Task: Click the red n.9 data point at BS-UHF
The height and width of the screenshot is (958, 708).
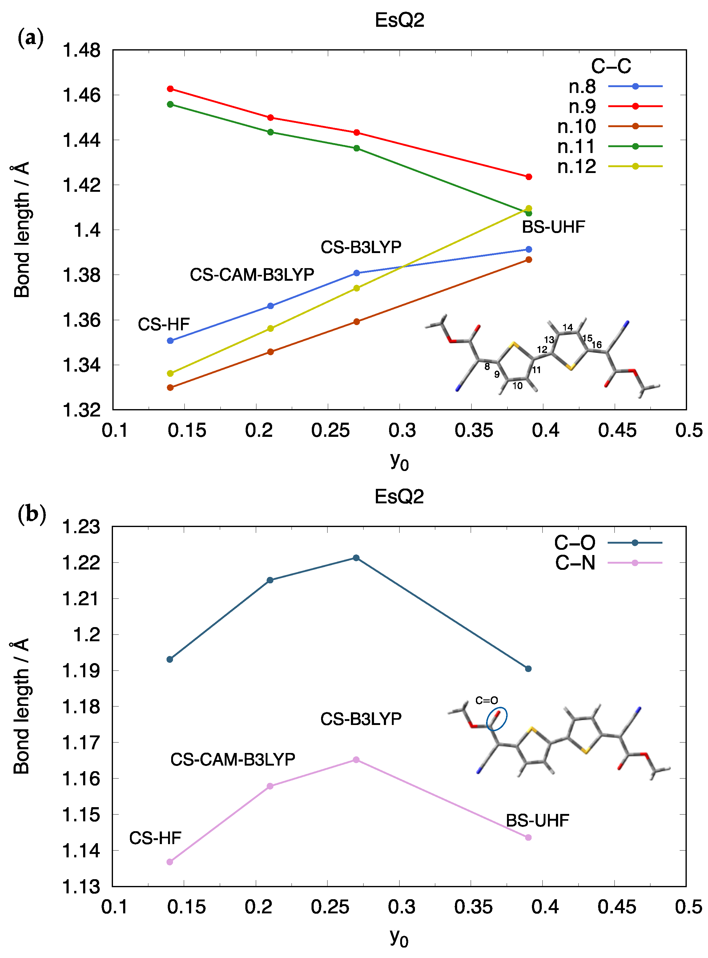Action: (x=529, y=177)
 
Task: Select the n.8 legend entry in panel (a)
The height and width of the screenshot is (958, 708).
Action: (x=615, y=87)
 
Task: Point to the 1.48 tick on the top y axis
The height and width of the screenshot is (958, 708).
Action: (x=82, y=50)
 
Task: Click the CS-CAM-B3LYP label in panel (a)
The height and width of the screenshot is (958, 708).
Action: (x=252, y=275)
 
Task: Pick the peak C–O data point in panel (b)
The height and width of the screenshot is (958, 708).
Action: (x=356, y=558)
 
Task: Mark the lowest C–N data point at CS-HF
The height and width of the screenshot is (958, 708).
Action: (x=170, y=862)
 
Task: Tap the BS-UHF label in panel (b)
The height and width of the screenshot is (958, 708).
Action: (x=537, y=820)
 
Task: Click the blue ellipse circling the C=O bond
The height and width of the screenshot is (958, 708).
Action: (x=497, y=719)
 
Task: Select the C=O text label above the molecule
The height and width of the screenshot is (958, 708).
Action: (x=486, y=700)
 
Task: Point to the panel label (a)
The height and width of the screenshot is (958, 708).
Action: (x=31, y=38)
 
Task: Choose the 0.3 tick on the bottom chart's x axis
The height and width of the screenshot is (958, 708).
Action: (x=402, y=907)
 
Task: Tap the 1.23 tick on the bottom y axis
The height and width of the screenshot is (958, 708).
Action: (x=82, y=526)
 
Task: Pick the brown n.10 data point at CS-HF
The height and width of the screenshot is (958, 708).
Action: (x=170, y=388)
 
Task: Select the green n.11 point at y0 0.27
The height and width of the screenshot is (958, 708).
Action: (x=356, y=148)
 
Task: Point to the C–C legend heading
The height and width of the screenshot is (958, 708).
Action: (x=611, y=66)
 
